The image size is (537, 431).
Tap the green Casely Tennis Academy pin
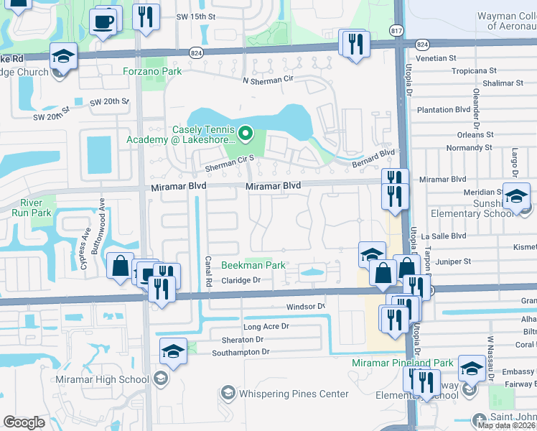tap(246, 133)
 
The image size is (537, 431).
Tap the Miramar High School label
tap(104, 379)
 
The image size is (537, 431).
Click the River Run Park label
tap(36, 208)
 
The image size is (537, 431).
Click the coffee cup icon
tap(105, 22)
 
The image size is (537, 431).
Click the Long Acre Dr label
tap(266, 326)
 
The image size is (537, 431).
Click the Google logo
tap(24, 422)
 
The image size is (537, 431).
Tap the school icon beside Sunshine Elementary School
tap(516, 195)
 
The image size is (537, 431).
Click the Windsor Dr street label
tap(306, 306)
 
